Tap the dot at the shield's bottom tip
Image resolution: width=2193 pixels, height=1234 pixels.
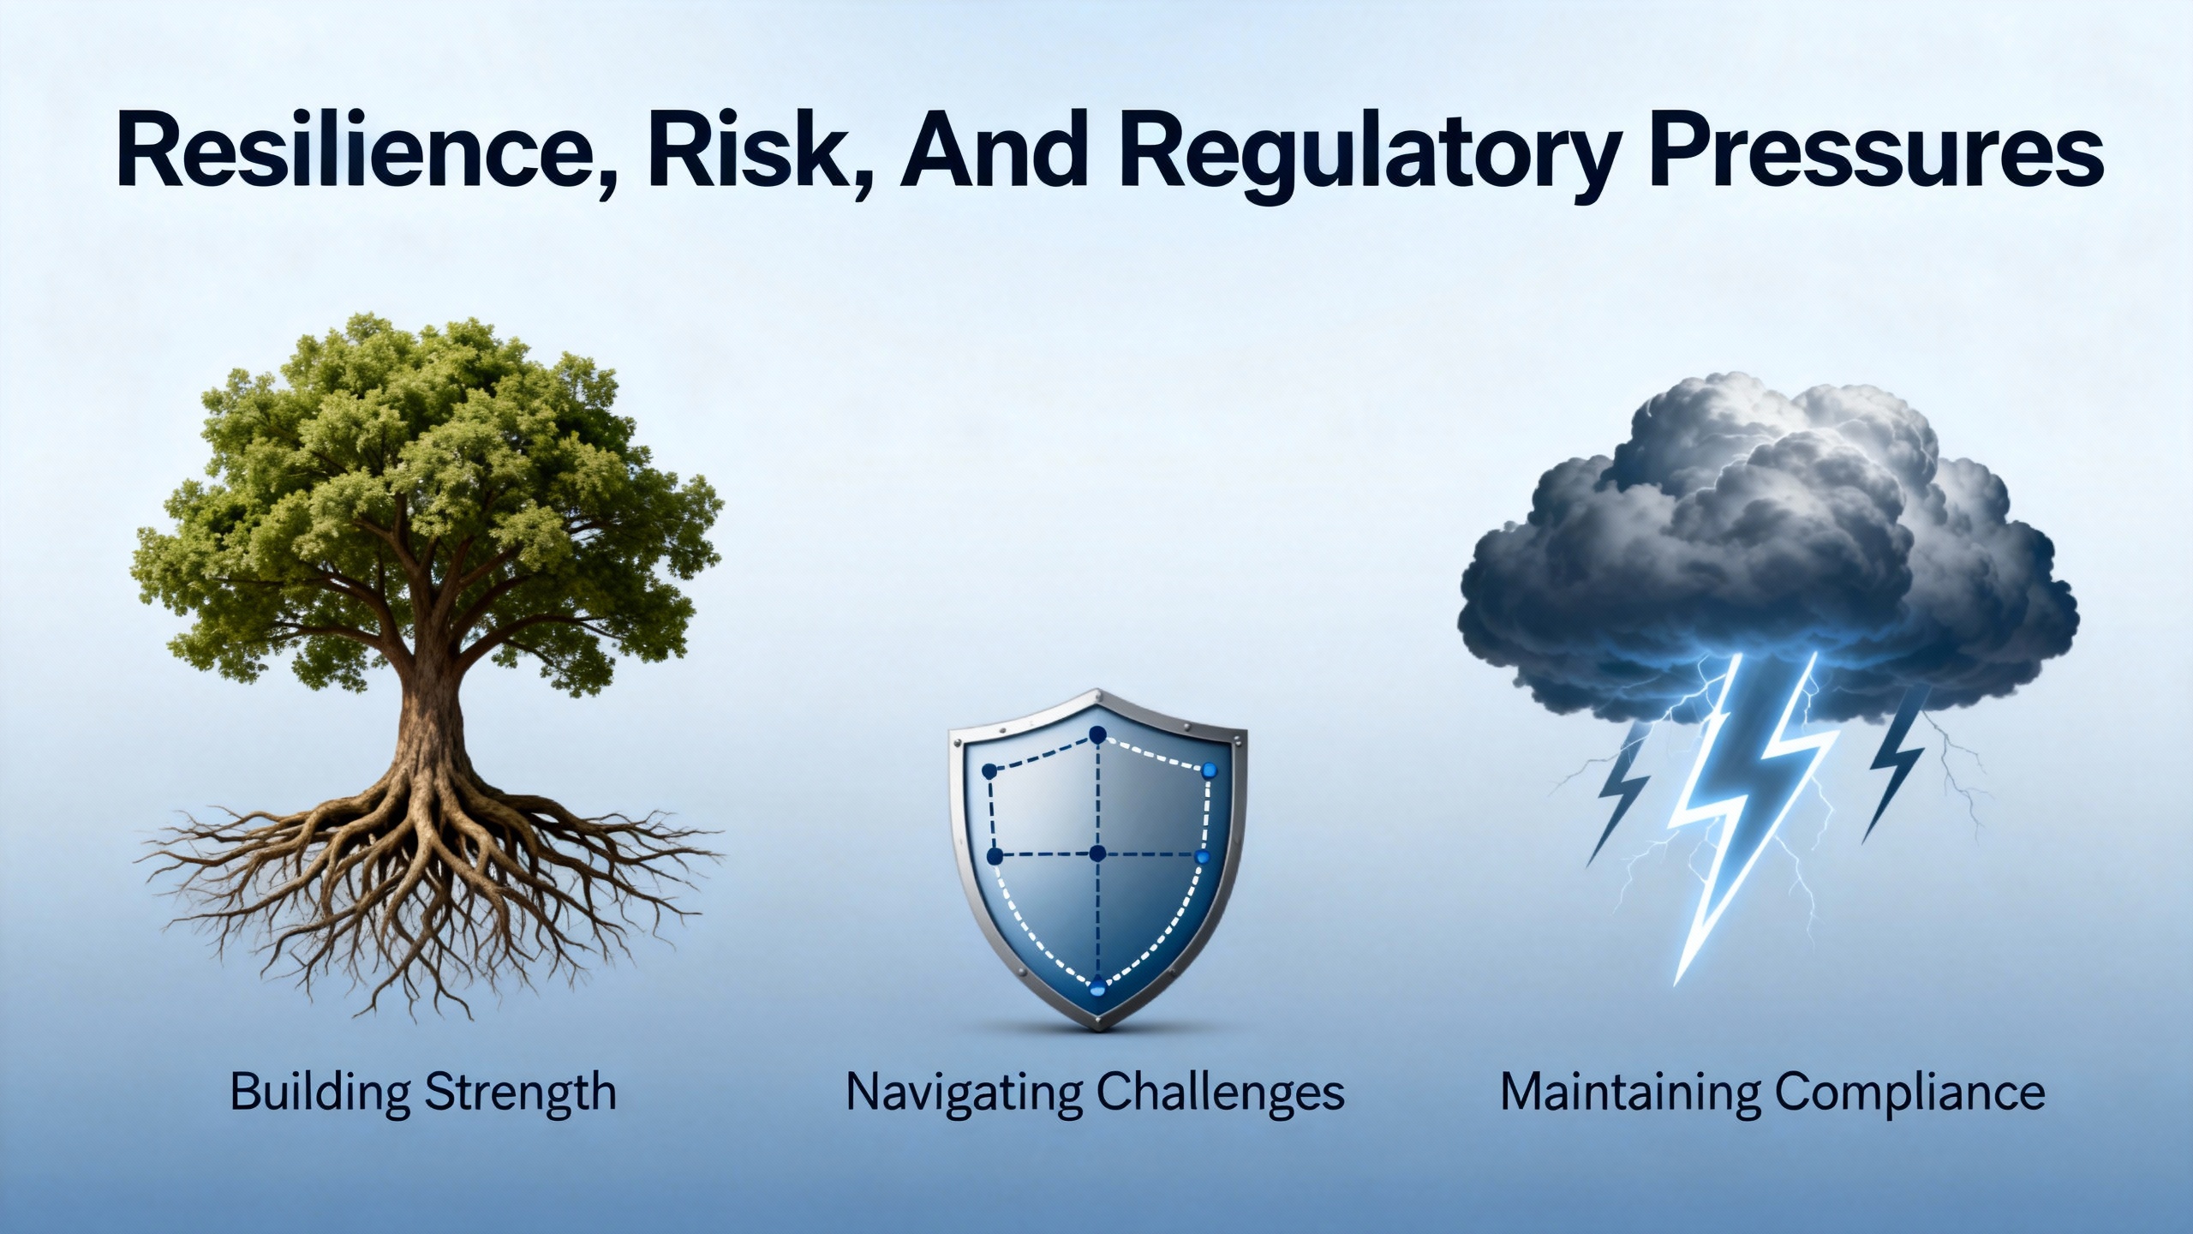pyautogui.click(x=1097, y=988)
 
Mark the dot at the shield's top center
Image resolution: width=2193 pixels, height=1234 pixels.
pyautogui.click(x=1097, y=735)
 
